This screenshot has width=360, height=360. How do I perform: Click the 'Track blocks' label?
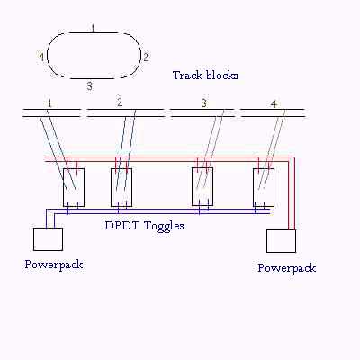pos(205,76)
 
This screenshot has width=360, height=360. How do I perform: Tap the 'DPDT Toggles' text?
pos(144,226)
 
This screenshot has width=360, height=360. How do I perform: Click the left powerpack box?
pos(48,239)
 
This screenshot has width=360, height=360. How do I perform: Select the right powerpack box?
pos(281,241)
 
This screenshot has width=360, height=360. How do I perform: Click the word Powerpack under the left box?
pos(54,265)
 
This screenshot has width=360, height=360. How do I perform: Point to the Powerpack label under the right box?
pos(287,268)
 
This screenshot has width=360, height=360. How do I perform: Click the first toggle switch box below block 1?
pos(74,187)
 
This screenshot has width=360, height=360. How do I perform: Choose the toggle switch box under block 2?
pos(121,187)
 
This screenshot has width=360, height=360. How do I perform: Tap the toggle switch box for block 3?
pos(202,187)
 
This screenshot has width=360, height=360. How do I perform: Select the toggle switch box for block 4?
pos(264,187)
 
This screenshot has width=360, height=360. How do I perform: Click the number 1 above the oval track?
pos(93,28)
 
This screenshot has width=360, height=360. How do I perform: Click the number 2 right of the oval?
pos(146,57)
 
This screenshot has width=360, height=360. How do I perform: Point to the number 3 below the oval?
pos(89,86)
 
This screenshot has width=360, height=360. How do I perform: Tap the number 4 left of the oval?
pos(41,57)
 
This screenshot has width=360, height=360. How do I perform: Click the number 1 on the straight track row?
pos(49,103)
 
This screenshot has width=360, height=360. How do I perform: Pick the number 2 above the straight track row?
pos(120,103)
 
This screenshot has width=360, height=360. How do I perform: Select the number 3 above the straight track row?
pos(203,103)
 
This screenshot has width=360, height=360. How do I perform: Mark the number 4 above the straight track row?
pos(274,103)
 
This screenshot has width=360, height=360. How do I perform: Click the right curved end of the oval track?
pos(140,56)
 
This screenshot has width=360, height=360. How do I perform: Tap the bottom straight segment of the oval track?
pos(93,79)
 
